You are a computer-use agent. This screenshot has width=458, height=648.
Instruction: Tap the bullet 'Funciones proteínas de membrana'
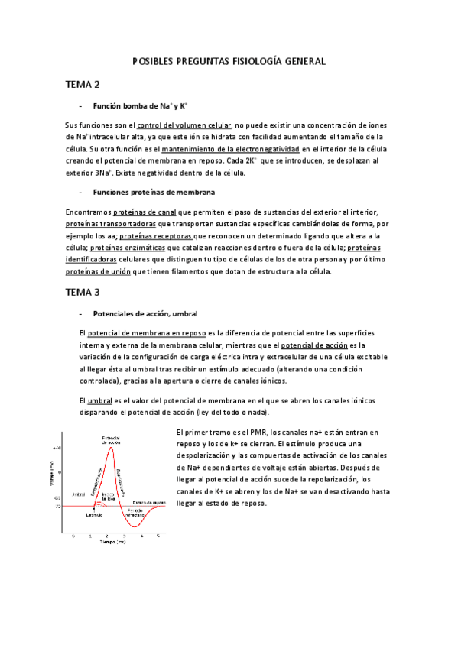tap(154, 191)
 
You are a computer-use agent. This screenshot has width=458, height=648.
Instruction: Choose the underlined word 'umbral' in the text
tap(101, 400)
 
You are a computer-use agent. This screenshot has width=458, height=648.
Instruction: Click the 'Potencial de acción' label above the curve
tap(112, 439)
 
